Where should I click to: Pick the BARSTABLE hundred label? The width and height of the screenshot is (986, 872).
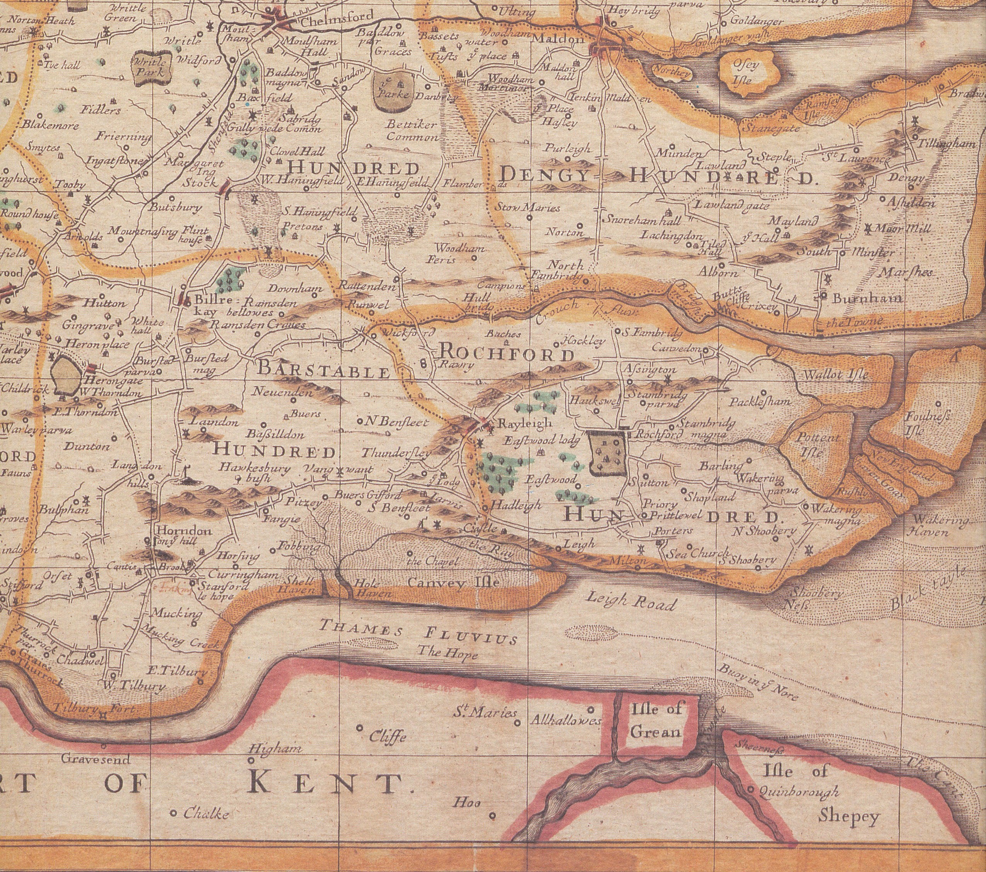[x=323, y=370]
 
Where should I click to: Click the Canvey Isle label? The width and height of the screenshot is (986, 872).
[x=452, y=583]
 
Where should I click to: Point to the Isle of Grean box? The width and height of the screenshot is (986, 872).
[x=656, y=721]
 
